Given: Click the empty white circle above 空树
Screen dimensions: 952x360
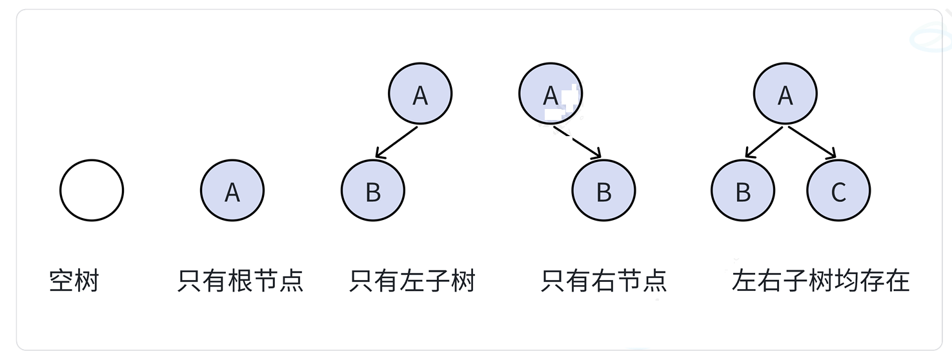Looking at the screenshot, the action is [x=92, y=190].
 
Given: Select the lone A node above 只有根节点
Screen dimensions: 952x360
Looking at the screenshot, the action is [x=232, y=190].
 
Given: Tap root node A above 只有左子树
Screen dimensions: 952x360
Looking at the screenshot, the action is [x=420, y=94].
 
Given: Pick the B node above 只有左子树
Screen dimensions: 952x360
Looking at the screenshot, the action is [x=373, y=191].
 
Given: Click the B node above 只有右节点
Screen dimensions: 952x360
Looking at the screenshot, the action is [x=603, y=191].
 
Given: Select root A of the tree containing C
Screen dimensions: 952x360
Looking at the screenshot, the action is [x=785, y=94].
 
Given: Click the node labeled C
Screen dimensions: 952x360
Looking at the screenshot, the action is [x=838, y=191].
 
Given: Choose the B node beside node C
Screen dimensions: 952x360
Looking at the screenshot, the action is [x=743, y=191].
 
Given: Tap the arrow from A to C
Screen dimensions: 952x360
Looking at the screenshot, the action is [x=812, y=142].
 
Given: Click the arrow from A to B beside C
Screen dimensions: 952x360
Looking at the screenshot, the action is [x=764, y=142].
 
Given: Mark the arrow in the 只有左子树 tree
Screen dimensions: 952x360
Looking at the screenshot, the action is [x=396, y=143].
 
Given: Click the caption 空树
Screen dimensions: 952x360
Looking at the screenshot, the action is [x=74, y=281].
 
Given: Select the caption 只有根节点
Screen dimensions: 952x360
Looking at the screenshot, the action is [x=240, y=281].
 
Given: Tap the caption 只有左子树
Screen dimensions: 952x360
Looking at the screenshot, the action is [x=412, y=281].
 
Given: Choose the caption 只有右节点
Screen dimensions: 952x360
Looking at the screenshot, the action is [x=603, y=281].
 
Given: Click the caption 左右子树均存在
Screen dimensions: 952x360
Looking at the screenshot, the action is [x=821, y=281].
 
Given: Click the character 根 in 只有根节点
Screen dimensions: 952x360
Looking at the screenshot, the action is [x=240, y=281].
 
